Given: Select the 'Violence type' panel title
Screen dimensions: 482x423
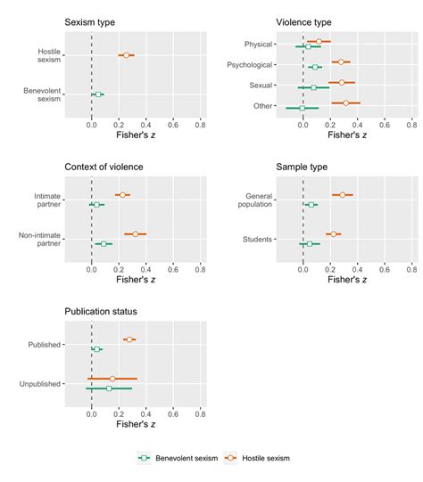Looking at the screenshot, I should [304, 21].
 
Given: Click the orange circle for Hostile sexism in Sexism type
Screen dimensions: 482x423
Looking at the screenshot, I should [127, 55].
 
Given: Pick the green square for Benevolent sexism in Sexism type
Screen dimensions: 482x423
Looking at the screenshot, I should [98, 94].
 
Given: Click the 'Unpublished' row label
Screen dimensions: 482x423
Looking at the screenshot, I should [39, 384].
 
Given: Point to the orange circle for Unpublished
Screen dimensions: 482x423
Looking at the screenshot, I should [112, 379].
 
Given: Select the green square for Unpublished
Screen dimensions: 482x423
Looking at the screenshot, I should [109, 388].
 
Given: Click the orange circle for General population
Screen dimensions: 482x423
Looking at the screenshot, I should [342, 194].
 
